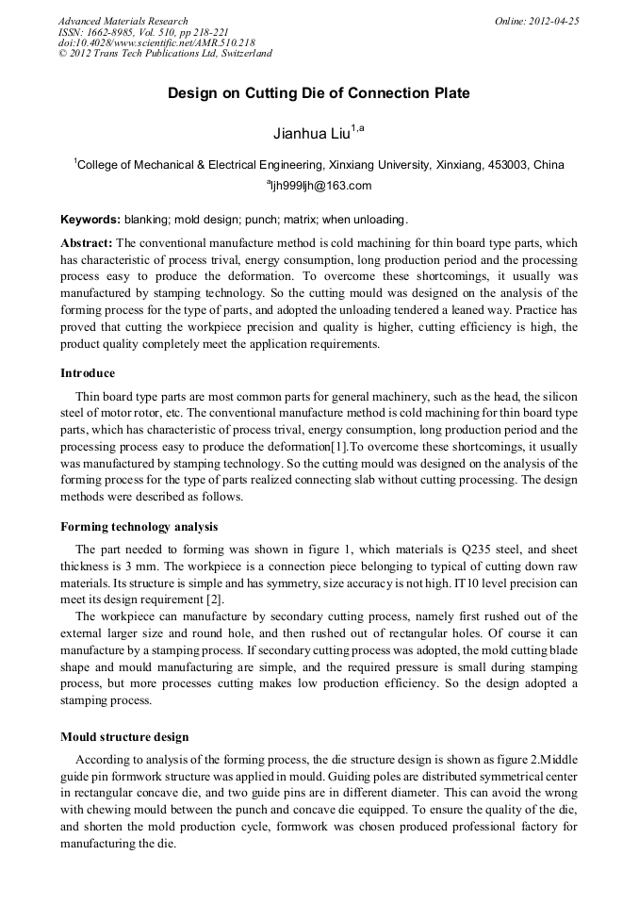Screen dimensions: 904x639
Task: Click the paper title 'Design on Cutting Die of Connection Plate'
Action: coord(319,93)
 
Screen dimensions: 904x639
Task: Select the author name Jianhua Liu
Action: coord(312,133)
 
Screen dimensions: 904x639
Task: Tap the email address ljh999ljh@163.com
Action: coord(321,186)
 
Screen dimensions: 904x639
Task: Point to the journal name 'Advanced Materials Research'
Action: coord(123,21)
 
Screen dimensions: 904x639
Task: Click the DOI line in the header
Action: coord(156,42)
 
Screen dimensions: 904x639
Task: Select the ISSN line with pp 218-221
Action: coord(143,31)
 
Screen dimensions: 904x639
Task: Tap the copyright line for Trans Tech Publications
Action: coord(165,54)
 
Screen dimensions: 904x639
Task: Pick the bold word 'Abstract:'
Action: coord(87,243)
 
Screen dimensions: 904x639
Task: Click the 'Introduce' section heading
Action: coord(88,373)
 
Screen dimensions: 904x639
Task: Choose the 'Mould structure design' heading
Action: coord(124,736)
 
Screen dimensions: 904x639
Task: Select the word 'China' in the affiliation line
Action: coord(549,164)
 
